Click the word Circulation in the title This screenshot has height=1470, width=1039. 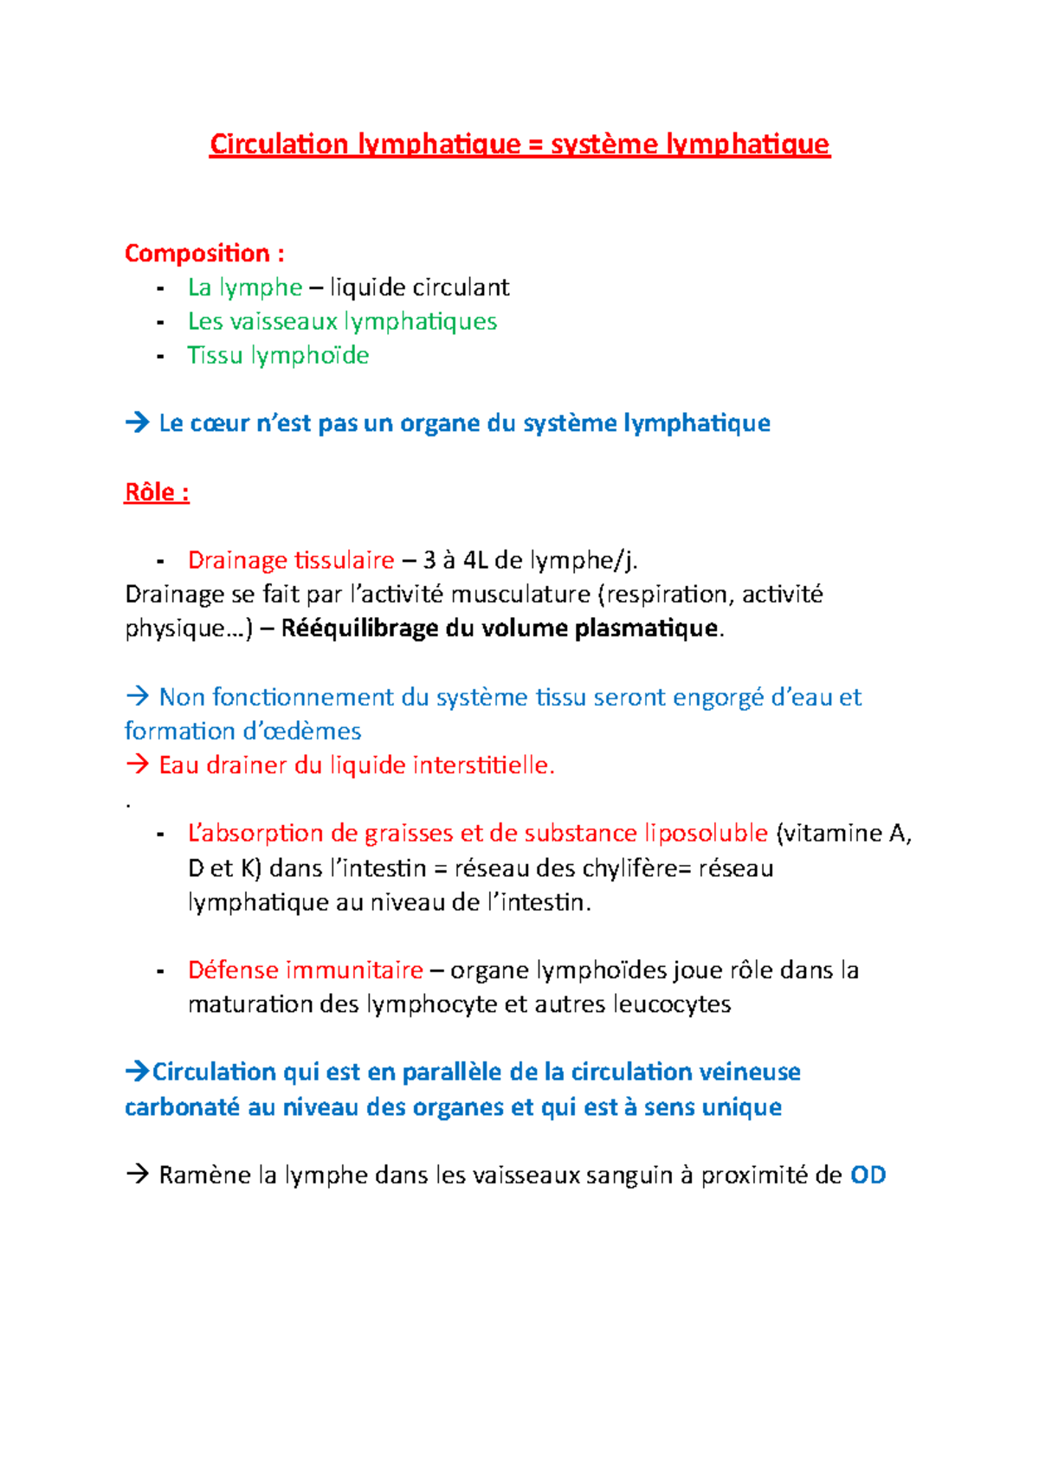pos(279,144)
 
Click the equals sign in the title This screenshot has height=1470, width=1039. pos(535,145)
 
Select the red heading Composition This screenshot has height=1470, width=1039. pos(197,254)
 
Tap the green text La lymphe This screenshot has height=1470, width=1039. pos(245,287)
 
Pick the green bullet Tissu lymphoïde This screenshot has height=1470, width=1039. pos(278,356)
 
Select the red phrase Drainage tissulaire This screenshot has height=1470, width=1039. pos(291,560)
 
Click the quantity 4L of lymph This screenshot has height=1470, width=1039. pos(475,560)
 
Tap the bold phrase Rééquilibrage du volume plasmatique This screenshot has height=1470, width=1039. pos(499,629)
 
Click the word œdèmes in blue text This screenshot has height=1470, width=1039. pos(314,732)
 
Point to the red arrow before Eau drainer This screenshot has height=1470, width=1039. pos(137,764)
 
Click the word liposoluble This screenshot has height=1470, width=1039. pos(706,834)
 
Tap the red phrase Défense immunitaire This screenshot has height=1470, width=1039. pos(305,970)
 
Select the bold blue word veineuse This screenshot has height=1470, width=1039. pos(749,1073)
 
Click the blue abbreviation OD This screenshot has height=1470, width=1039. pos(868,1176)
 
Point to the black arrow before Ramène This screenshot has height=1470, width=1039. pos(137,1175)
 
